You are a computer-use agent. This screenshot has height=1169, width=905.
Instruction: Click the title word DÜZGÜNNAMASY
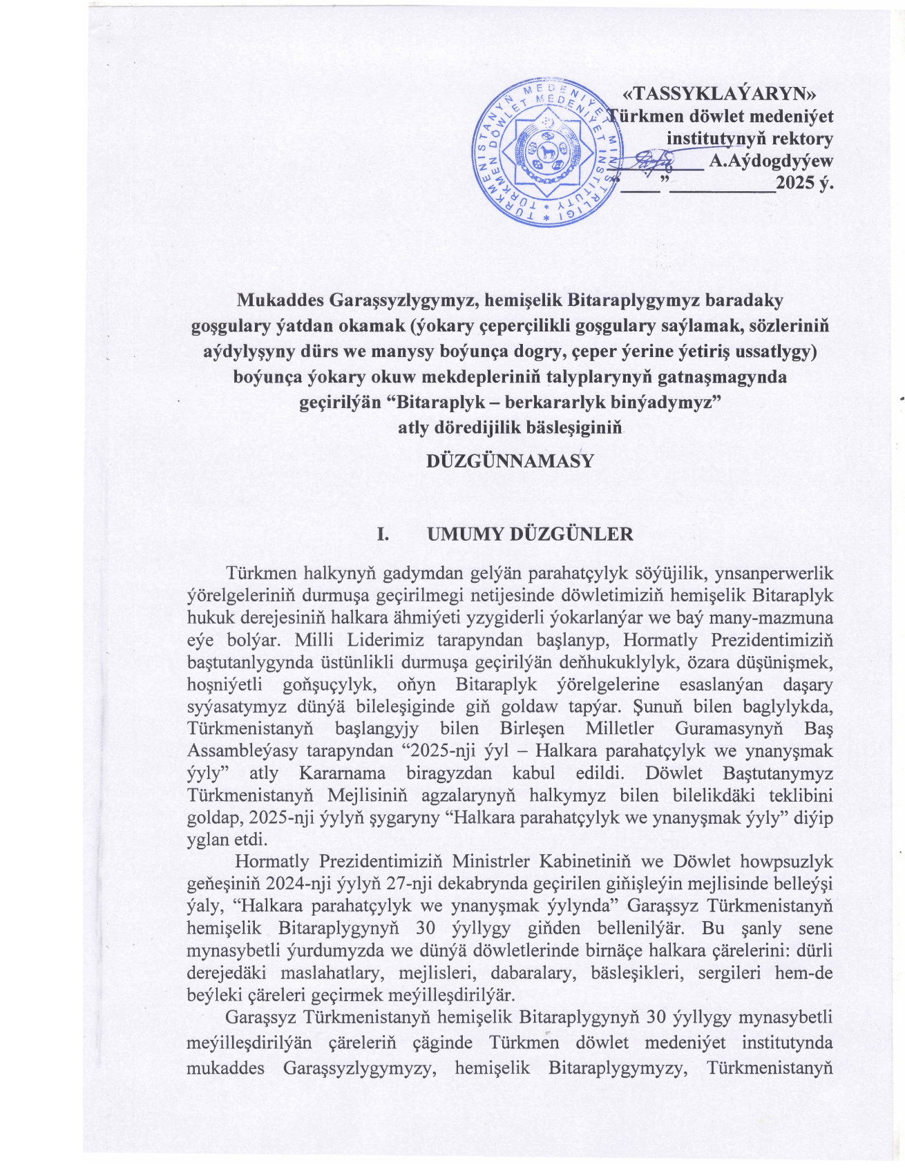coord(511,461)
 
